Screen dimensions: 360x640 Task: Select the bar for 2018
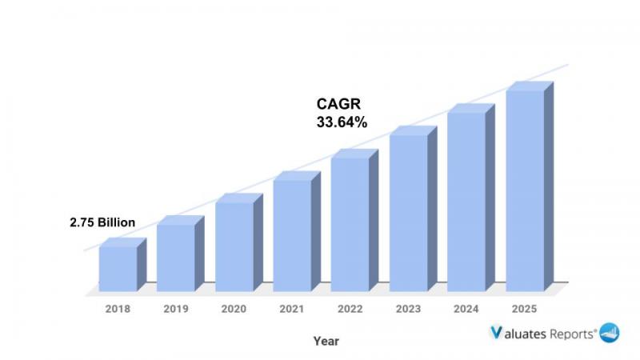[x=118, y=268]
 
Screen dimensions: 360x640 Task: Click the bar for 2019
[x=175, y=257]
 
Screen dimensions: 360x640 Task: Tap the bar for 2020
[x=234, y=246]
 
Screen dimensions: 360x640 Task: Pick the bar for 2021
[x=292, y=234]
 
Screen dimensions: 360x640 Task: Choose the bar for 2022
[x=350, y=224]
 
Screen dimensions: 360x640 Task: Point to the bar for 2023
[x=408, y=212]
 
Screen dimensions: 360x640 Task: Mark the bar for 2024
[x=466, y=201]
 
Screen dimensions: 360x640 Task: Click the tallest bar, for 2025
[x=524, y=190]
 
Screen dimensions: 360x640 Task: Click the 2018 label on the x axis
[x=118, y=308]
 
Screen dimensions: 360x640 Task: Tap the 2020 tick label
[x=234, y=308]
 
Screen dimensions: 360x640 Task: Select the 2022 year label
[x=350, y=308]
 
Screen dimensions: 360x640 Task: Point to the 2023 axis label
[x=408, y=308]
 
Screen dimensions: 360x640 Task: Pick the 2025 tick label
[x=524, y=308]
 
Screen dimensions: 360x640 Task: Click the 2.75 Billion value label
[x=102, y=222]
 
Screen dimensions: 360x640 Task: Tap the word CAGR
[x=339, y=105]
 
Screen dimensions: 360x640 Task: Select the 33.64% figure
[x=343, y=122]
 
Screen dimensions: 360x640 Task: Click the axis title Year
[x=326, y=341]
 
